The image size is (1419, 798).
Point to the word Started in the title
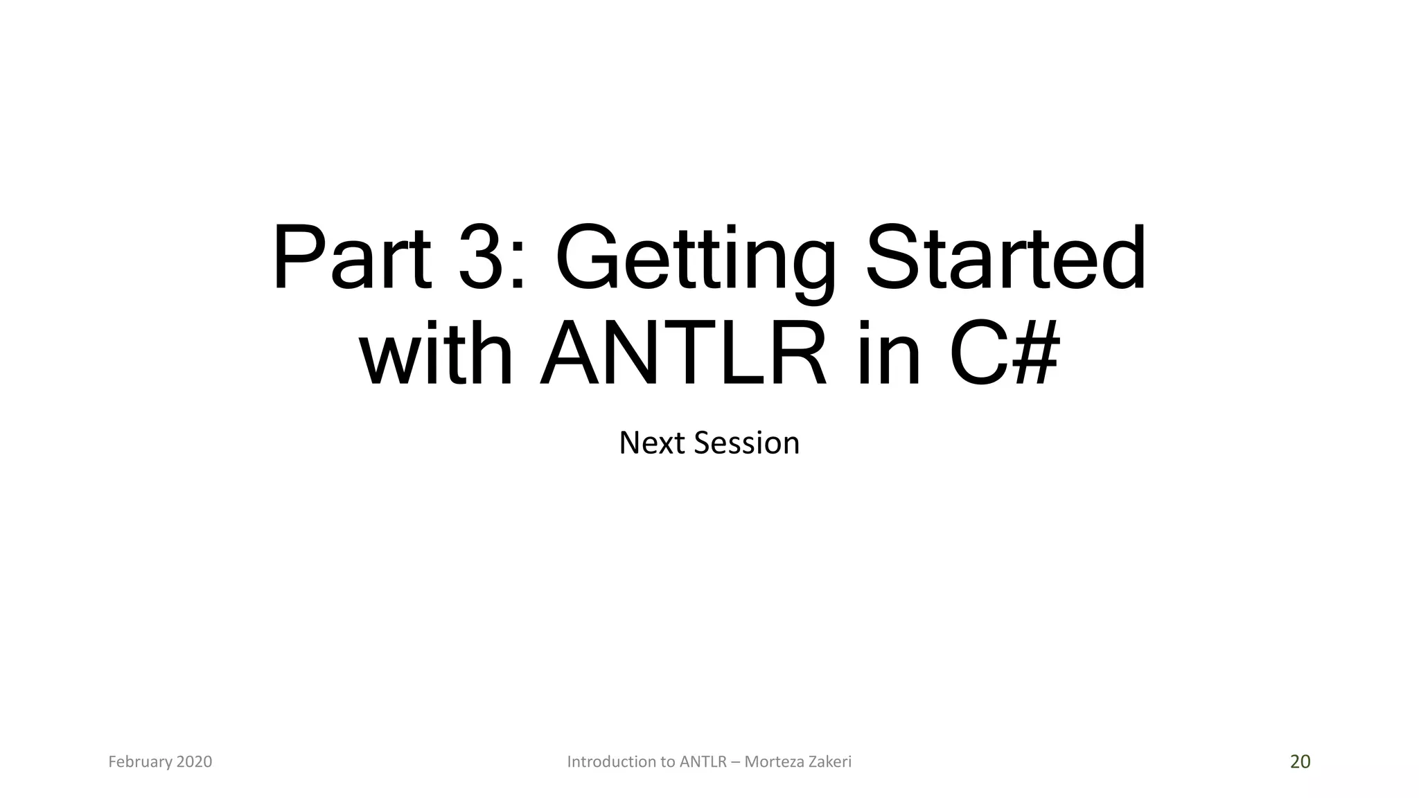(x=1005, y=258)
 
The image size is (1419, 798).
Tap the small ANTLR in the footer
(x=703, y=762)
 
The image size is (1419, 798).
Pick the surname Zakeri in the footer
(x=829, y=762)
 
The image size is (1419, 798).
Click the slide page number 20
(x=1300, y=762)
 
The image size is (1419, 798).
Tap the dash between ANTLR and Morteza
(x=735, y=763)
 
